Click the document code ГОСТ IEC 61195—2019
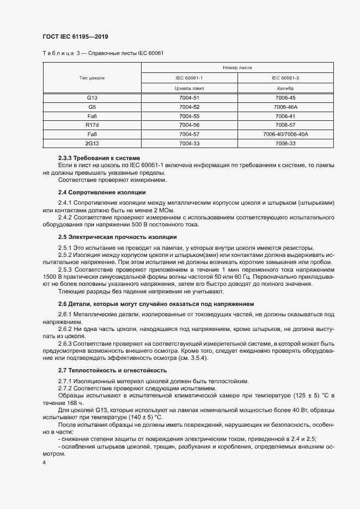click(75, 36)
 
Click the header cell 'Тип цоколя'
click(92, 78)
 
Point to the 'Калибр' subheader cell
click(285, 88)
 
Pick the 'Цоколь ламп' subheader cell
click(189, 88)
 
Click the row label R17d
click(92, 125)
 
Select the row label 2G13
click(92, 143)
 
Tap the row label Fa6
click(92, 116)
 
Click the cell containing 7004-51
click(189, 97)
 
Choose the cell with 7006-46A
click(285, 107)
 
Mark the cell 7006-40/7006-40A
click(285, 134)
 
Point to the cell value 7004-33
click(189, 143)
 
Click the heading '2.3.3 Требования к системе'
click(95, 158)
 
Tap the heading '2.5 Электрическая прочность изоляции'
click(117, 237)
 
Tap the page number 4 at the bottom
click(44, 462)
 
